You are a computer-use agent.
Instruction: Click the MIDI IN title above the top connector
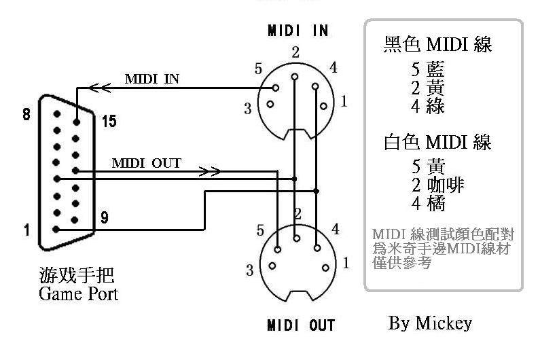[x=298, y=31]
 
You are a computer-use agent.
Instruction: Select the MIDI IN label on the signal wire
[x=152, y=79]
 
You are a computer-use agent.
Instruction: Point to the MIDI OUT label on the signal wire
[x=146, y=163]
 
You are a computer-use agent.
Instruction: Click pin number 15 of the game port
[x=109, y=122]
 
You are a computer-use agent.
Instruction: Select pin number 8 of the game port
[x=26, y=115]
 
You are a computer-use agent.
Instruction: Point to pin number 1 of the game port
[x=26, y=230]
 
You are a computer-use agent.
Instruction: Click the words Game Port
[x=78, y=293]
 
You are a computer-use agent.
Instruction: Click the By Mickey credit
[x=430, y=323]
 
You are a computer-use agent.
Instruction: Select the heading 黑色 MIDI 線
[x=438, y=45]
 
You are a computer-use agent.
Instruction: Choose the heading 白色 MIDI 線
[x=437, y=143]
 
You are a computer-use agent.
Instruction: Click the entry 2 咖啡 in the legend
[x=438, y=185]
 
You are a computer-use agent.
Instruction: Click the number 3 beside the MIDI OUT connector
[x=250, y=270]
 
